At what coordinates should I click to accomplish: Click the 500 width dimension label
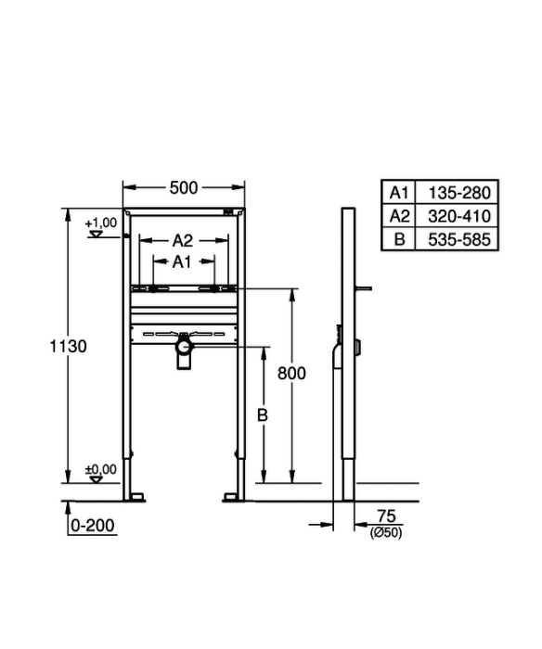click(x=184, y=188)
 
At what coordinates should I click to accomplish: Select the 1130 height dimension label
click(x=69, y=346)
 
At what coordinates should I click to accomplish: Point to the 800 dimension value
click(x=291, y=374)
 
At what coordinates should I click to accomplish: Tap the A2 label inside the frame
click(x=183, y=240)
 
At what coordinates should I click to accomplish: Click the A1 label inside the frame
click(x=182, y=261)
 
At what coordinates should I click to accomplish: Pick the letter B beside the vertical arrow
click(x=263, y=414)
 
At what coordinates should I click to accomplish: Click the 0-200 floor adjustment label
click(x=93, y=526)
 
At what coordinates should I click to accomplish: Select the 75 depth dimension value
click(x=387, y=516)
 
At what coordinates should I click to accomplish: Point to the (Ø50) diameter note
click(x=386, y=533)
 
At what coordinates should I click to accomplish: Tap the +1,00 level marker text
click(x=100, y=223)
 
